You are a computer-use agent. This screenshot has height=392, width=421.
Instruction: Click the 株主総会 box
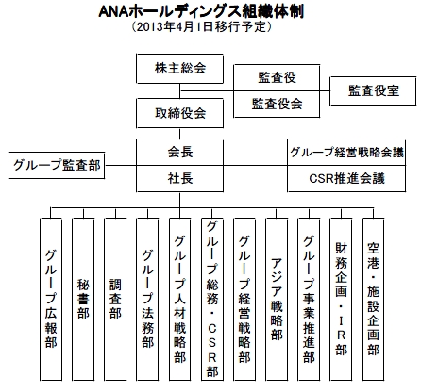pos(179,69)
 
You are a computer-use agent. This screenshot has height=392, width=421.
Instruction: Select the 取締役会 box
pos(179,113)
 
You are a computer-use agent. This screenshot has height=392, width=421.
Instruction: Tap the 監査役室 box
pos(373,90)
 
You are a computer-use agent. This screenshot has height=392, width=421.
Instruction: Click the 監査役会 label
pos(277,104)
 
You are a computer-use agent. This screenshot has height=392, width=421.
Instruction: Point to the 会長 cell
pos(179,153)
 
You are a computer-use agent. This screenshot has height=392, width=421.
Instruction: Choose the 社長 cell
pos(179,178)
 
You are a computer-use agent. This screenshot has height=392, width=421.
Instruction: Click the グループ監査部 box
pos(57,165)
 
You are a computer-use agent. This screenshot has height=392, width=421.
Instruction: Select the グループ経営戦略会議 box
pos(346,153)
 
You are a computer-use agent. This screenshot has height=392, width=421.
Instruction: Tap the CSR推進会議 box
pos(346,178)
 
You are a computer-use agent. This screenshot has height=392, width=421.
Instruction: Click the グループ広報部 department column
pos(51,299)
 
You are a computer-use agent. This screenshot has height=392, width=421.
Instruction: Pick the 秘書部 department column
pos(83,299)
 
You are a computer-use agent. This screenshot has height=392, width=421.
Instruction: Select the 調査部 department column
pos(115,299)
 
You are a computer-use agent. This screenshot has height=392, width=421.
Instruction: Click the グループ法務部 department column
pos(147,299)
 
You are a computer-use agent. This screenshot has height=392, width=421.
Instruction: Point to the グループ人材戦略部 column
pos(179,299)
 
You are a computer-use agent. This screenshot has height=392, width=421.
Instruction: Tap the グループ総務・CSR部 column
pos(212,299)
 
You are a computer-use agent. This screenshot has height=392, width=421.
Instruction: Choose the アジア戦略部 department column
pos(277,299)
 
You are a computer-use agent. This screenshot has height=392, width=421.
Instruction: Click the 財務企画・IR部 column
pos(341,299)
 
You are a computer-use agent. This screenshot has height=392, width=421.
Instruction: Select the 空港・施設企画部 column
pos(373,299)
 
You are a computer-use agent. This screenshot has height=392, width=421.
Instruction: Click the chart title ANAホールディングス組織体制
pos(201,12)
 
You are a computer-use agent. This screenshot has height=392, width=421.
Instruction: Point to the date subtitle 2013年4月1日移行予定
pos(201,26)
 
